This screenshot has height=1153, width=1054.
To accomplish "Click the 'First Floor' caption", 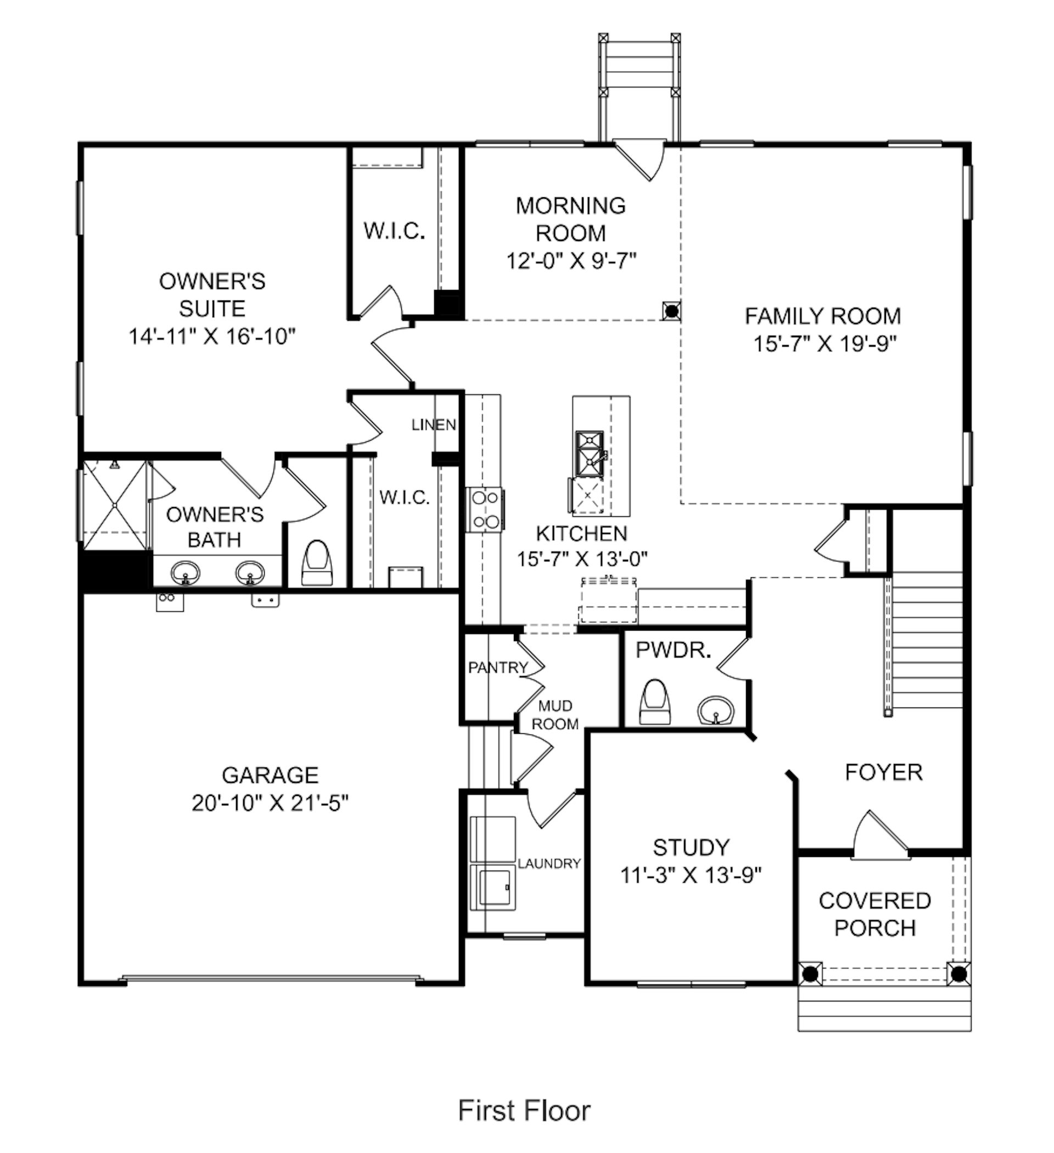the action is [524, 1111].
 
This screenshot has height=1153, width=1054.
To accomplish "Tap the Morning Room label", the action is [570, 219].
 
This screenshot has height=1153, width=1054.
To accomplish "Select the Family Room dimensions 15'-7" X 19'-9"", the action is [824, 344].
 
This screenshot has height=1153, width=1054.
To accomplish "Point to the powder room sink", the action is [716, 710].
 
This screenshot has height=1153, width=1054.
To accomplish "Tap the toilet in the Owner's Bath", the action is [317, 564].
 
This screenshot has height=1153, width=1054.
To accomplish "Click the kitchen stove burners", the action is [485, 510].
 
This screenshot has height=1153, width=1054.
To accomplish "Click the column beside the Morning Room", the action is [671, 310].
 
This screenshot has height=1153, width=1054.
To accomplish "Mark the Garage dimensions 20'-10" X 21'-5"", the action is [270, 804].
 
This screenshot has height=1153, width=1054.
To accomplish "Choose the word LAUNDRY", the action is [550, 864].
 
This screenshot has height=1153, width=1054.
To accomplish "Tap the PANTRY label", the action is [498, 667].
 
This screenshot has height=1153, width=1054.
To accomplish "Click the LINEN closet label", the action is [434, 425].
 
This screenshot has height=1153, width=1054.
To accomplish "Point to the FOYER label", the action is [884, 773].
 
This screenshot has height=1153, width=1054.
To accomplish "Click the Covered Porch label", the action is [875, 915].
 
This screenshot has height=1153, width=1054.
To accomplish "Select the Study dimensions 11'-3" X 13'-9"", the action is [692, 875].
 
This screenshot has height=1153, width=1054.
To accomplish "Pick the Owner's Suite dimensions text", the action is [211, 336].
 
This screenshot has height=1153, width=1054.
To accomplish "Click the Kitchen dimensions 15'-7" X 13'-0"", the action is [582, 559].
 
